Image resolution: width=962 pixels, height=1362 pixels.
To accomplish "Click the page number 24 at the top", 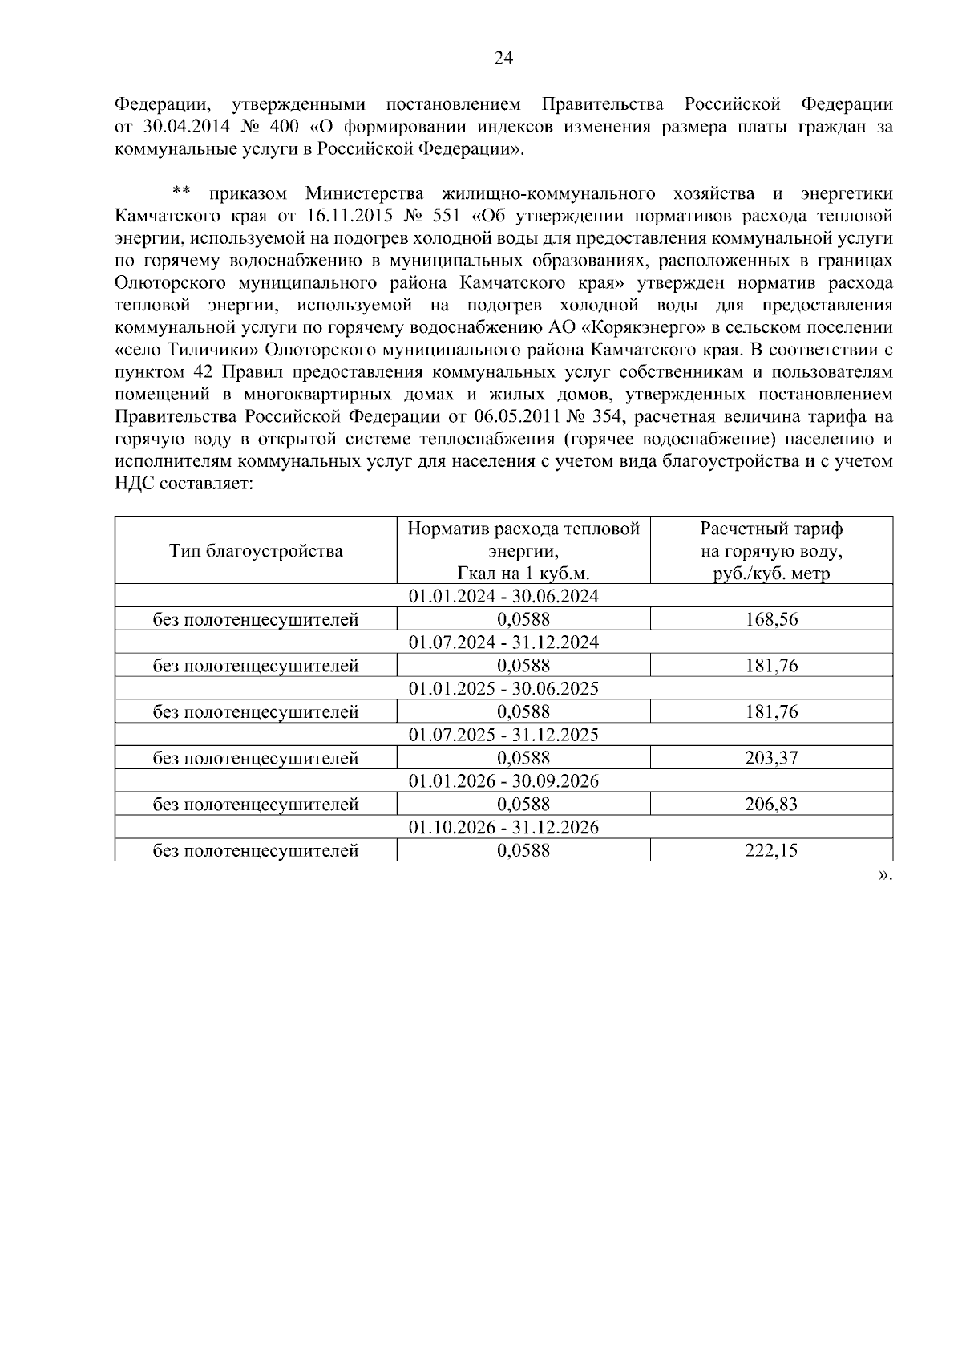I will pyautogui.click(x=503, y=58).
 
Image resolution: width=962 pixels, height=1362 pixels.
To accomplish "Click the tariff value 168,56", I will pyautogui.click(x=771, y=619).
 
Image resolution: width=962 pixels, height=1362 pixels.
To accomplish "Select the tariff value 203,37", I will pyautogui.click(x=771, y=758).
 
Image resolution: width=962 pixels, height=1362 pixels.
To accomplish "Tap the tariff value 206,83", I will pyautogui.click(x=771, y=805).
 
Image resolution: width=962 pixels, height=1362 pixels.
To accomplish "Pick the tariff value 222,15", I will pyautogui.click(x=771, y=851).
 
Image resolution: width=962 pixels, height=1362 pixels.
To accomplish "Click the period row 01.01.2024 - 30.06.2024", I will pyautogui.click(x=503, y=596).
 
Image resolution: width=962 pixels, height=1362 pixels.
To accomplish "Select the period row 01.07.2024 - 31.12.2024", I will pyautogui.click(x=503, y=642).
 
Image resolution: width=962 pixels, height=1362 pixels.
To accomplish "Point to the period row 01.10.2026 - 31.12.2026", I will pyautogui.click(x=503, y=828).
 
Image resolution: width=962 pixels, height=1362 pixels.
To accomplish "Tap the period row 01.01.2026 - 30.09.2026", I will pyautogui.click(x=503, y=781).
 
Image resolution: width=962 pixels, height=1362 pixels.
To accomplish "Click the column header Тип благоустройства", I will pyautogui.click(x=256, y=550).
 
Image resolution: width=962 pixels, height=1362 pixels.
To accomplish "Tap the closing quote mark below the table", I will pyautogui.click(x=884, y=875).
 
